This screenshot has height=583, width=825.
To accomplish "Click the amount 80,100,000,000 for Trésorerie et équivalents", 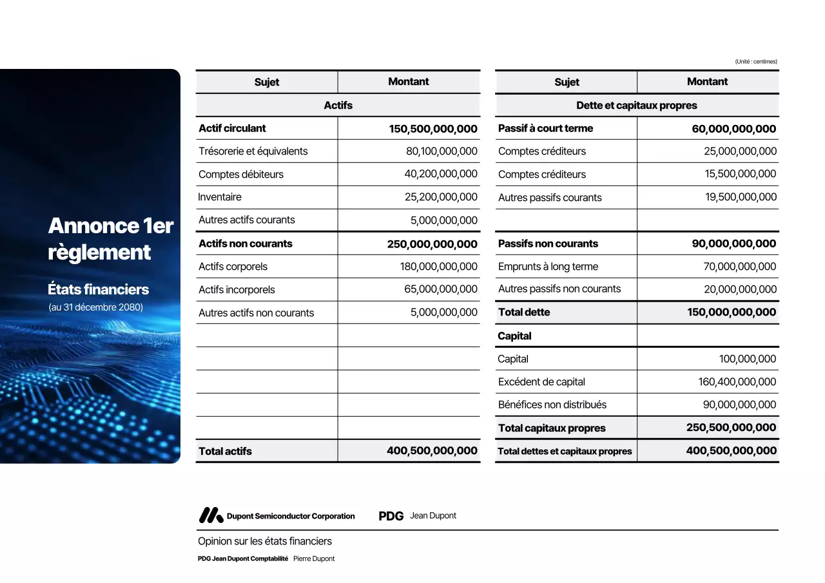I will pos(442,151).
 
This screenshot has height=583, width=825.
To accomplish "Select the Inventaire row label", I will pos(220,197).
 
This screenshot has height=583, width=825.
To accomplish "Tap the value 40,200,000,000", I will pos(442,174).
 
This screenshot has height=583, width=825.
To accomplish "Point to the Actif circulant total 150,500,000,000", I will pos(433,129).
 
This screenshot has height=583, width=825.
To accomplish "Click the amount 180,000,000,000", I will pos(439,267).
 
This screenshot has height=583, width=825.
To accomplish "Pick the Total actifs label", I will pos(225,452).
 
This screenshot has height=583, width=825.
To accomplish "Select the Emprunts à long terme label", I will pos(548,267).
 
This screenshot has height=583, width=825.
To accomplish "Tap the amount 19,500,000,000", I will pos(741,197).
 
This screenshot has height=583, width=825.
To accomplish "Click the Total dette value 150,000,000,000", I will pos(732,312).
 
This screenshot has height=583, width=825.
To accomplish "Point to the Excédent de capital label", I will pos(541,382).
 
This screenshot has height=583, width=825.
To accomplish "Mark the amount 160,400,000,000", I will pos(737,382).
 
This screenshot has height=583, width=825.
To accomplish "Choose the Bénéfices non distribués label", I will pos(552,405).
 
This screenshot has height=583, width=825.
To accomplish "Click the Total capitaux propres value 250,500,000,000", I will pos(732,428).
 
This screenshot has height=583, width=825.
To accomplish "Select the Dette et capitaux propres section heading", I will pos(637,106).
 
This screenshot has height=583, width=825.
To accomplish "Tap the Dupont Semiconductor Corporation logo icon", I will pos(211,515).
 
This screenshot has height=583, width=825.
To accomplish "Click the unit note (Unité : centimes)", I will pos(756,62).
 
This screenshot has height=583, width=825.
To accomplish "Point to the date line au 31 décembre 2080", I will pos(96,307).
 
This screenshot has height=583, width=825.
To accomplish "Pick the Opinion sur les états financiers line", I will pos(265,541).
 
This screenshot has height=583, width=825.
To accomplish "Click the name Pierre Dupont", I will pos(314,559).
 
